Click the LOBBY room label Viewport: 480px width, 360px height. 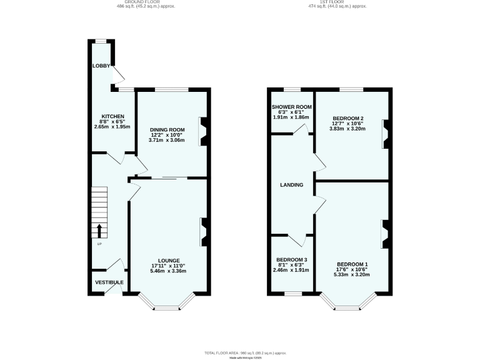(101, 66)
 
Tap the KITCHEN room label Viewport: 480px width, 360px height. (114, 116)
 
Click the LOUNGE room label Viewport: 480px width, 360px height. (169, 260)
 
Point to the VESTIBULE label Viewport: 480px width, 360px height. (109, 282)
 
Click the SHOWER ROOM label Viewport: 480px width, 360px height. (291, 107)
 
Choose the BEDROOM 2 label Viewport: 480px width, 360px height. (348, 119)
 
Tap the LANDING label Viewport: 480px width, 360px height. (291, 185)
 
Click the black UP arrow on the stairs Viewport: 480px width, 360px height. (99, 230)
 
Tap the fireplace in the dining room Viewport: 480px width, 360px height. (202, 131)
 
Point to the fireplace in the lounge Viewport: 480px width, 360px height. (203, 231)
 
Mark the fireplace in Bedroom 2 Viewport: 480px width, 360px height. (386, 134)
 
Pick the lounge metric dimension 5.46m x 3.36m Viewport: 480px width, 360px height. (169, 271)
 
